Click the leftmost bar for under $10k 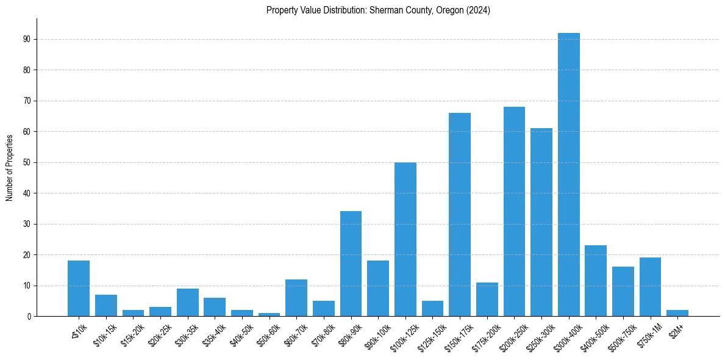click(x=79, y=289)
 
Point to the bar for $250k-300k click(x=541, y=222)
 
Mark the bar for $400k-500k click(x=596, y=281)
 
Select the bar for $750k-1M click(x=650, y=287)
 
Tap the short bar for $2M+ click(x=677, y=313)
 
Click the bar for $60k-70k click(x=296, y=298)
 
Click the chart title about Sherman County click(x=378, y=10)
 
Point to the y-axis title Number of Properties click(x=10, y=168)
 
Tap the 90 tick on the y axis click(x=27, y=39)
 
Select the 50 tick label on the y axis click(x=27, y=162)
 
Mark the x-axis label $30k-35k click(x=185, y=334)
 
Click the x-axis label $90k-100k click(x=377, y=334)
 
